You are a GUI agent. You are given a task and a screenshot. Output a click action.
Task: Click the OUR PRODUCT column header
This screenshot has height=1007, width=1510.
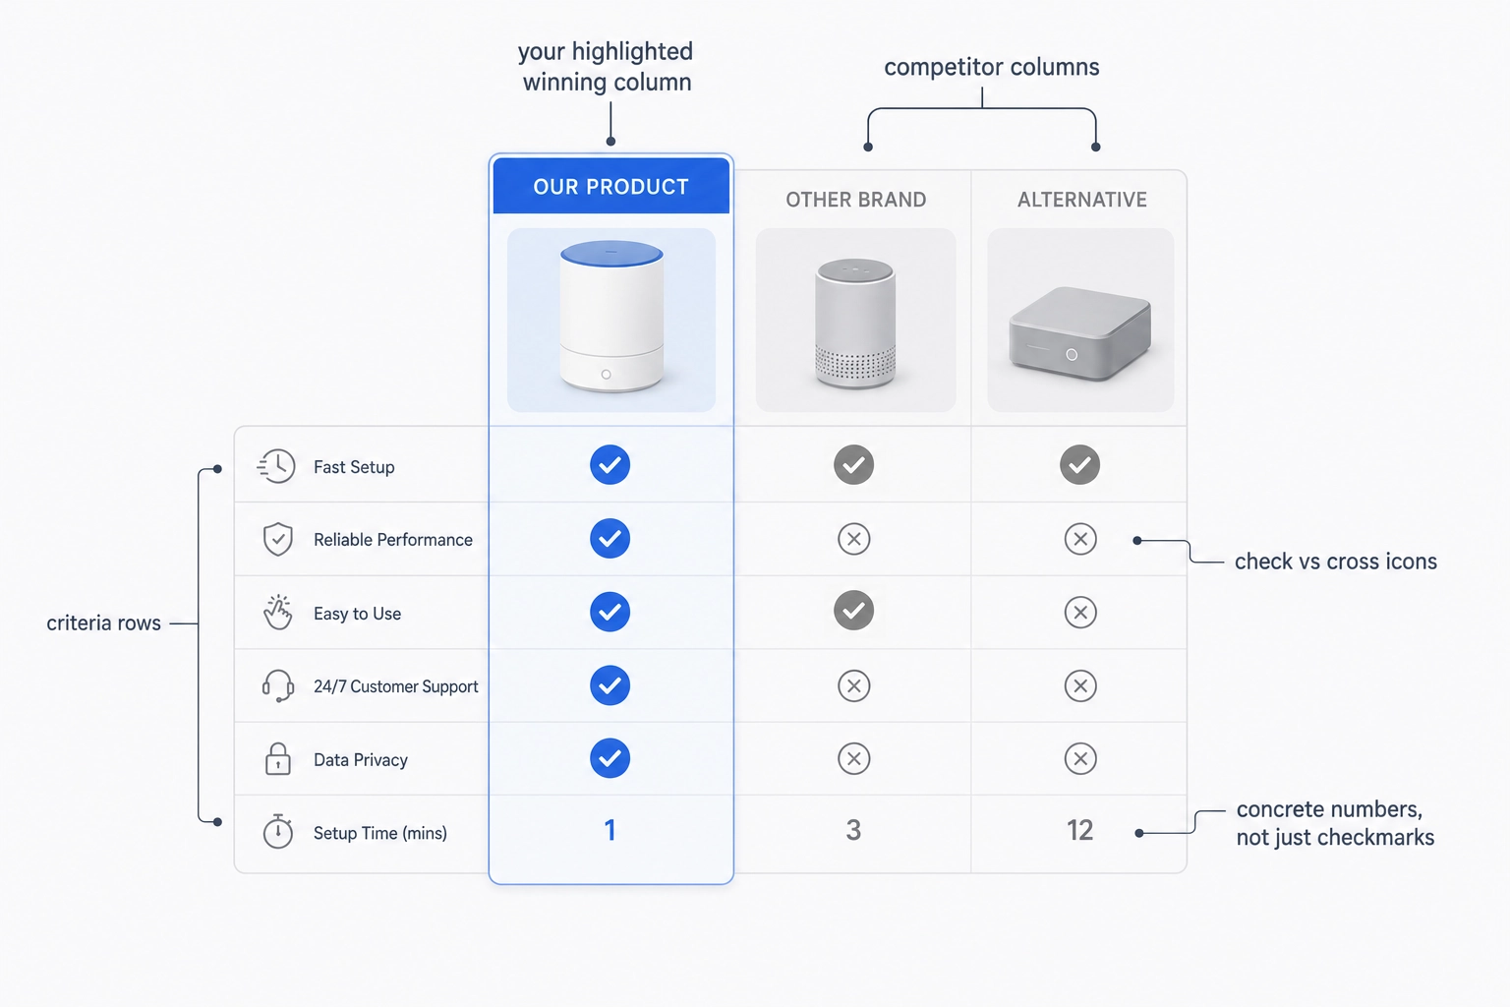tap(610, 186)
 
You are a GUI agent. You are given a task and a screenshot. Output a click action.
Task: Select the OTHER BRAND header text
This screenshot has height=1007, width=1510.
tap(855, 200)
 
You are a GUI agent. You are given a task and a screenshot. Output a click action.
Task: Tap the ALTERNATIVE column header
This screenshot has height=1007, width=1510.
tap(1082, 200)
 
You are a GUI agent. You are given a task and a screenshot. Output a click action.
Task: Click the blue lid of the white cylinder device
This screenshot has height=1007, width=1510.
tap(611, 254)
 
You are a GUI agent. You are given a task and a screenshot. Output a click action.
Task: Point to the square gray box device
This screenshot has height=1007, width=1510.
tap(1080, 334)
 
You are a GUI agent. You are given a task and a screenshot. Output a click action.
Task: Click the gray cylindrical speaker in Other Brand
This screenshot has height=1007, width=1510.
tap(855, 324)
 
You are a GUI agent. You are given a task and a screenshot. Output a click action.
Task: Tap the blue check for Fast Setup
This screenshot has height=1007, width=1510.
tap(610, 465)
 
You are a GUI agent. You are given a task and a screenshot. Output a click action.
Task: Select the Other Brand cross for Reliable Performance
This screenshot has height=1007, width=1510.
tap(854, 539)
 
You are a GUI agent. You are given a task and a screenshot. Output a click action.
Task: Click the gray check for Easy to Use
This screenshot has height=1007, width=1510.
tap(854, 611)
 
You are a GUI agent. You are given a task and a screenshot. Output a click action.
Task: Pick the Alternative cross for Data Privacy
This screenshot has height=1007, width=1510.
tap(1080, 759)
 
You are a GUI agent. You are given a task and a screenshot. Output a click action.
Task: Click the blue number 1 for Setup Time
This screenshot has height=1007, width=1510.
tap(610, 830)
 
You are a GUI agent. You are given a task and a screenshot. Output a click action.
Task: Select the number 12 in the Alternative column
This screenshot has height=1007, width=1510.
tap(1080, 830)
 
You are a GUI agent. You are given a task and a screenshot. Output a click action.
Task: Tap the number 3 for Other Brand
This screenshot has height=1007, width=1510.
tap(853, 830)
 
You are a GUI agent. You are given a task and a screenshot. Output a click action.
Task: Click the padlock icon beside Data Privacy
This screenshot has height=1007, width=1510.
tap(278, 759)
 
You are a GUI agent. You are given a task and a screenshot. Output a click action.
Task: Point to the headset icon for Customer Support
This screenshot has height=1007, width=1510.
tap(278, 686)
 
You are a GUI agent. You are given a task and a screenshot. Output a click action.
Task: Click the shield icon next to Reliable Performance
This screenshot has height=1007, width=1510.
tap(278, 539)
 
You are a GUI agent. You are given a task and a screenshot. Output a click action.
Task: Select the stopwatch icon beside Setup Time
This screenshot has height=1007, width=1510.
tap(278, 831)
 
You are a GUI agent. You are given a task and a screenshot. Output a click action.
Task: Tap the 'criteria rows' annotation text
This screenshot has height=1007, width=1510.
tap(104, 623)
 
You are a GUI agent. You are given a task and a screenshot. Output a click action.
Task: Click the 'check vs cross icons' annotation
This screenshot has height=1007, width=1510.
tap(1335, 562)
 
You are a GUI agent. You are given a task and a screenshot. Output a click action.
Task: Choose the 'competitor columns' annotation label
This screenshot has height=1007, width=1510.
tap(992, 67)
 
